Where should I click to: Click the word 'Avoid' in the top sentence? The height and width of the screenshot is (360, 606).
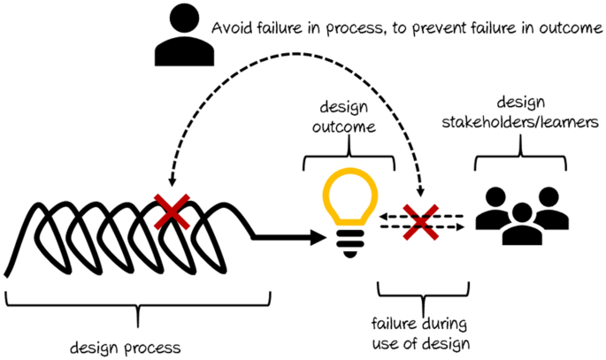coord(229,28)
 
